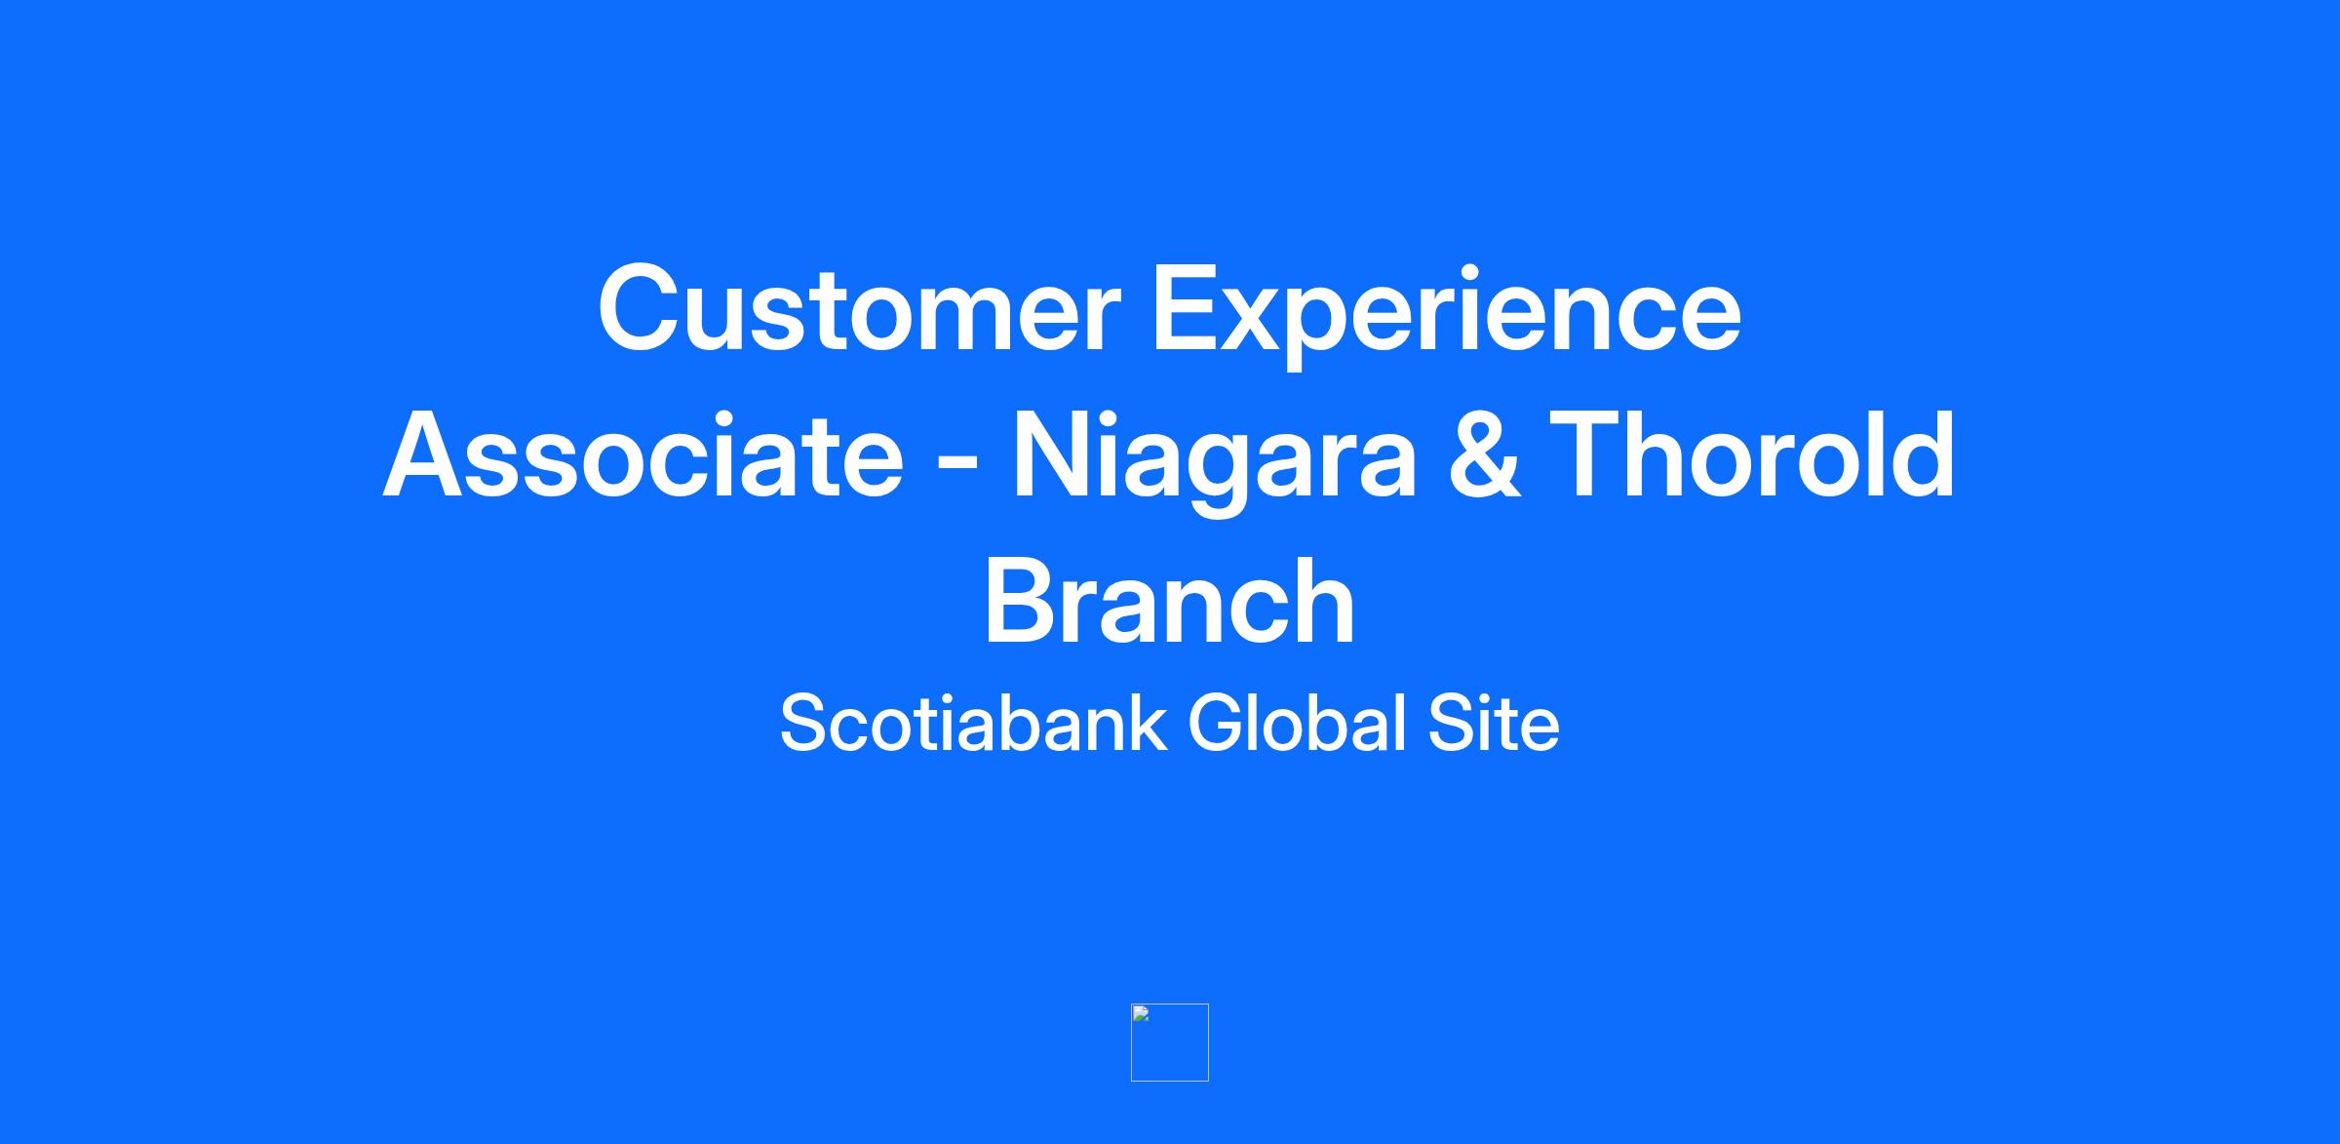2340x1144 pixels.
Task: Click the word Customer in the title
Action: coord(859,307)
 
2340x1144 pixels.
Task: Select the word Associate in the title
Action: coord(643,455)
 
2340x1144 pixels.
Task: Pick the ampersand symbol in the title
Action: coord(1485,455)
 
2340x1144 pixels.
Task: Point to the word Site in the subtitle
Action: coord(1494,723)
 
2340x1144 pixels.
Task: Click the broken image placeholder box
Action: coord(1170,1043)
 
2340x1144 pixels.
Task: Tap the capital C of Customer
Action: coord(642,308)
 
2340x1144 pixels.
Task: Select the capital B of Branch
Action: coord(1022,602)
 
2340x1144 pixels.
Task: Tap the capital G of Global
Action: coord(1219,724)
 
